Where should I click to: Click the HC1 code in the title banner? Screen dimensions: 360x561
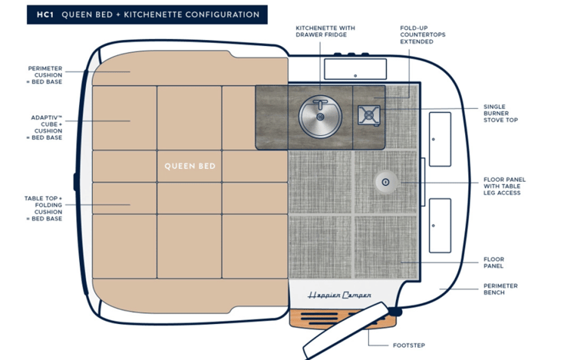tap(38, 15)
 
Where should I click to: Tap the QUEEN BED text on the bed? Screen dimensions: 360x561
tap(190, 166)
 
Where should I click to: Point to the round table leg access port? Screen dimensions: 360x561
tap(385, 181)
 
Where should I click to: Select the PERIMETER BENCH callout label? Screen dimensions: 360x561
tap(500, 289)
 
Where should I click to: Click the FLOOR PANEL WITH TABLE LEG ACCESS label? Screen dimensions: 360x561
tap(504, 186)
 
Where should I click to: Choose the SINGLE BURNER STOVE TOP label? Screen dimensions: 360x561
tap(500, 114)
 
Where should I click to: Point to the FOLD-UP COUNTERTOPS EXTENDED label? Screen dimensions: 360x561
tap(417, 35)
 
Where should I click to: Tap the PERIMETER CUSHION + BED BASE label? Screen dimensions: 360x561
tap(45, 74)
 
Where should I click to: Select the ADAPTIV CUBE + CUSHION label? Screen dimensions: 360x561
tap(45, 127)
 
